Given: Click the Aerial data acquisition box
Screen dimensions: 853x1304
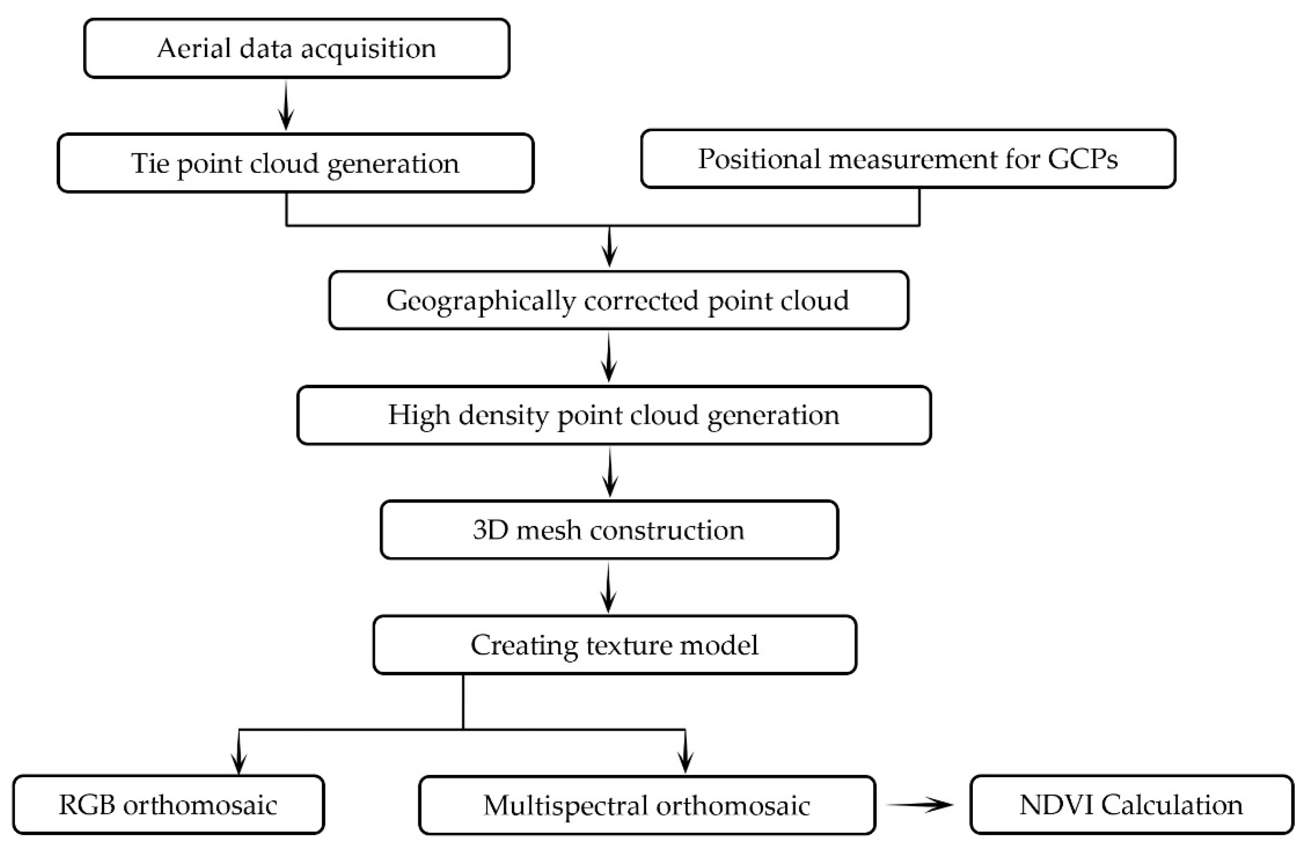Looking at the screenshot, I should [296, 48].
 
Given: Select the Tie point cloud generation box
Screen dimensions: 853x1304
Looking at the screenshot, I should [295, 163].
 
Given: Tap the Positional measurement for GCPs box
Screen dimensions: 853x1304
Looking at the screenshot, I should [908, 159].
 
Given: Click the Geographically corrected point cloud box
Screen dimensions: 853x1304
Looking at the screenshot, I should [618, 300].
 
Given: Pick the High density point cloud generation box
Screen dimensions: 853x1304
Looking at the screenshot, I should [614, 415].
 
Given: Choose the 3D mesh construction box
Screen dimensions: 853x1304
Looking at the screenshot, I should [609, 530].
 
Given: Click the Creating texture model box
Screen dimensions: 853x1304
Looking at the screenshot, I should [614, 644].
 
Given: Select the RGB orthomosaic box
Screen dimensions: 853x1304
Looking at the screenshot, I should [168, 804].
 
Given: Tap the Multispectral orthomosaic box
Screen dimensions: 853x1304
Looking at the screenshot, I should [647, 805].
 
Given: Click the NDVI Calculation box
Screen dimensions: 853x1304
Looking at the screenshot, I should [1131, 804].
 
